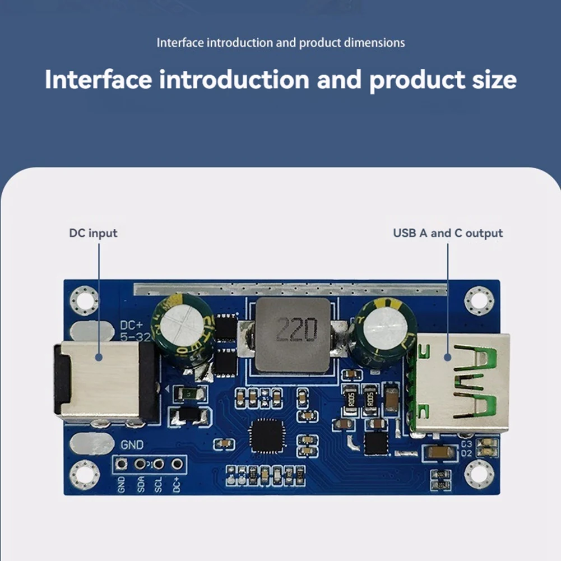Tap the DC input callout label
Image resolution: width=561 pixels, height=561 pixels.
tap(93, 233)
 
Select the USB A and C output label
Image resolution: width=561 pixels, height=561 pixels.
tap(448, 233)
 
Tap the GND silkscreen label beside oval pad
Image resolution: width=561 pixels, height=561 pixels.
tap(132, 444)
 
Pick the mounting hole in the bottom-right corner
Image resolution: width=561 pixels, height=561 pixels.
tap(479, 474)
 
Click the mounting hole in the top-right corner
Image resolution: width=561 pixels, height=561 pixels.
tap(479, 302)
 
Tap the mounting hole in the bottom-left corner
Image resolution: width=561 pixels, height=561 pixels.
tap(84, 475)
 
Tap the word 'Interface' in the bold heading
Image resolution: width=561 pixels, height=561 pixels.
tap(98, 80)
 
